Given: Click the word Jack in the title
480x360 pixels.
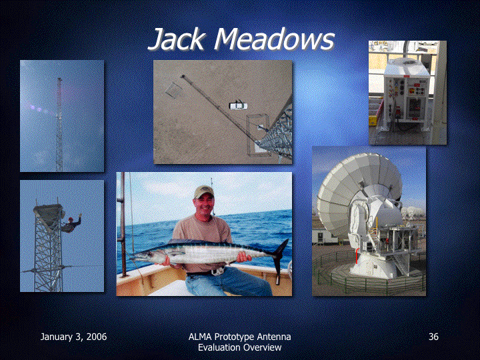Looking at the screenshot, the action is (176, 39).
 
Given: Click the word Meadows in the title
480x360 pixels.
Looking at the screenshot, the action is (274, 39).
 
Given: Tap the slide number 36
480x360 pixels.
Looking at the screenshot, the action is (433, 337).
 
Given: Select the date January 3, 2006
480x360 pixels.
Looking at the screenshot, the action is (73, 337).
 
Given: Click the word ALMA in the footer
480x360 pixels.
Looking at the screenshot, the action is (200, 337).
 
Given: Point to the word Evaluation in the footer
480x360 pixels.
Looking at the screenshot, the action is (217, 347).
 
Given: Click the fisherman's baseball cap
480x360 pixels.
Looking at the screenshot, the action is (203, 192).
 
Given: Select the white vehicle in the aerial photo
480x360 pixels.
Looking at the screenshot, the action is (238, 106).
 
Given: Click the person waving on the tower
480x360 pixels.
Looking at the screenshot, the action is (72, 223).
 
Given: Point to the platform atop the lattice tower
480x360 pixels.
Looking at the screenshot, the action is (49, 212).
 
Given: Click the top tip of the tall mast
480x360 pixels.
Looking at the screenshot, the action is (59, 79).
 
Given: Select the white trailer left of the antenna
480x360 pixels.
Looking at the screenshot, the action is (323, 236).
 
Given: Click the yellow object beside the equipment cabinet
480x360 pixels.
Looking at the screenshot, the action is (373, 120).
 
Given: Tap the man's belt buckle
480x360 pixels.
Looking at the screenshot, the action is (217, 271).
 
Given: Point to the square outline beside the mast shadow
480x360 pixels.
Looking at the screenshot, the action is (174, 90).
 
